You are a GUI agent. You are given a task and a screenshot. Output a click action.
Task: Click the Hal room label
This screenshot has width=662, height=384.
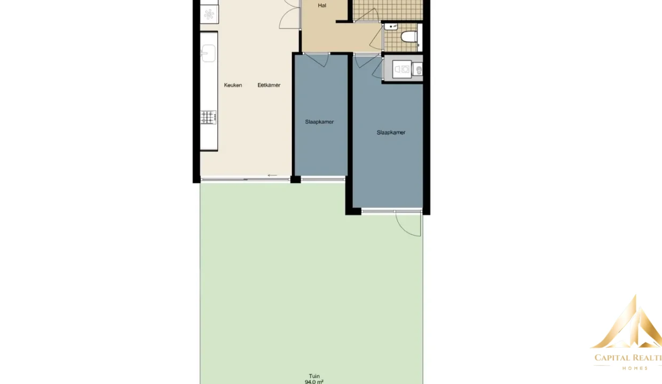(322, 5)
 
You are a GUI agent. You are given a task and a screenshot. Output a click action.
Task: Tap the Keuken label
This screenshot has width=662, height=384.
(233, 85)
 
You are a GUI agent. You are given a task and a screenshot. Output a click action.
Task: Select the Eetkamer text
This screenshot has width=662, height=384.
(269, 85)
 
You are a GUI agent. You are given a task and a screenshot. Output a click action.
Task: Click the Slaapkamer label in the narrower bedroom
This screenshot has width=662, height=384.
(319, 122)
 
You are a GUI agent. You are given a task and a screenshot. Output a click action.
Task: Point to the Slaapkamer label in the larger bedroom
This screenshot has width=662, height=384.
(391, 132)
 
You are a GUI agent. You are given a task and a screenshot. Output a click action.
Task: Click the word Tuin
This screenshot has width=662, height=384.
(314, 376)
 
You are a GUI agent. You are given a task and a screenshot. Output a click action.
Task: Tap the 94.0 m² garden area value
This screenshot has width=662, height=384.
(314, 382)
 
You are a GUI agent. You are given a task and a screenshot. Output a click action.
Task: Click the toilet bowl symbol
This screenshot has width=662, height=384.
(409, 37)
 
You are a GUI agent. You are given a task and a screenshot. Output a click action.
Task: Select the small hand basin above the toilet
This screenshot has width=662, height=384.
(391, 27)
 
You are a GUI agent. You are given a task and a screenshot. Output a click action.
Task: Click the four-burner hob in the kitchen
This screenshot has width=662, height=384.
(208, 117)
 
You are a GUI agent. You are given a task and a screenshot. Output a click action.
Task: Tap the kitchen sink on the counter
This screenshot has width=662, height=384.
(208, 53)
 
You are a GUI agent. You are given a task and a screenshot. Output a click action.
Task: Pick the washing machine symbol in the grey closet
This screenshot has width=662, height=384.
(402, 69)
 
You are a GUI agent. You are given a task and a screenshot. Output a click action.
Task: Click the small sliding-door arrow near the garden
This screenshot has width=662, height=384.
(272, 175)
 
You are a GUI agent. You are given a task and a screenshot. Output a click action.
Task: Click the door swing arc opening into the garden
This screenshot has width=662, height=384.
(408, 225)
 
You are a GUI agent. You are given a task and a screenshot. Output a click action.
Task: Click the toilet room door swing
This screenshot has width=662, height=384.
(376, 38)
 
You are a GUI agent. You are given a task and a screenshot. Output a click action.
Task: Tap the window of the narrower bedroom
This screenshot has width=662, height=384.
(323, 179)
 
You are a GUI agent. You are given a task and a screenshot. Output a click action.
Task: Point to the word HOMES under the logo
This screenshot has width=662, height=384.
(635, 368)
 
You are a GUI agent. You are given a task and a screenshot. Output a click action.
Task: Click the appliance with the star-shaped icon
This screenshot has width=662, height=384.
(209, 14)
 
